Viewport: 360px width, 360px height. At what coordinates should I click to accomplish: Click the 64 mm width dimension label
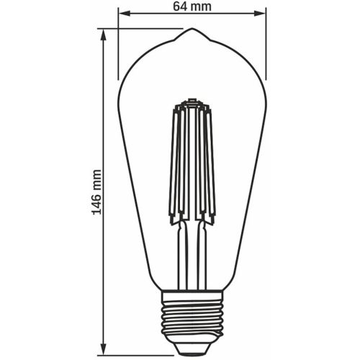[193, 6]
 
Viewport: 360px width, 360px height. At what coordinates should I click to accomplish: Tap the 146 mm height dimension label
[95, 195]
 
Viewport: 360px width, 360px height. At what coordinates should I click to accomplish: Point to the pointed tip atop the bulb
[192, 30]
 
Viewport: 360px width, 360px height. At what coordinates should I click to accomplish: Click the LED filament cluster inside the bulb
[192, 162]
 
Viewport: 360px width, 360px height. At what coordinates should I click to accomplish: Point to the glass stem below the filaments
[192, 252]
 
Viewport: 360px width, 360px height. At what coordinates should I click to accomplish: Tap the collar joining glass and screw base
[192, 294]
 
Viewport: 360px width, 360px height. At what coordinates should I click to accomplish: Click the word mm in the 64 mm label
[203, 6]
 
